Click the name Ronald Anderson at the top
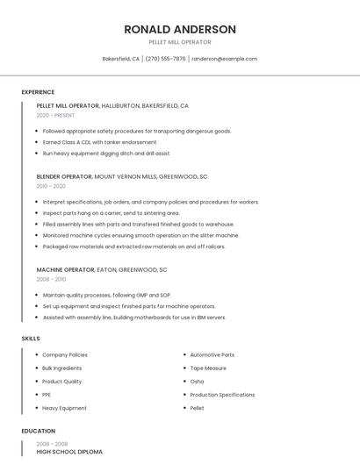pos(180,29)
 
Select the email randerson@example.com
pos(224,59)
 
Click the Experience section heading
pos(38,92)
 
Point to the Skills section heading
pos(31,338)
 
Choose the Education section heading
pos(38,432)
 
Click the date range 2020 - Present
pos(55,115)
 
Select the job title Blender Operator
pos(64,176)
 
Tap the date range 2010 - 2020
pos(51,186)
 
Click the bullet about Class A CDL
pos(99,142)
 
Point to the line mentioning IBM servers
pos(133,318)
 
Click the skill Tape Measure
pos(208,368)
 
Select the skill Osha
pos(197,382)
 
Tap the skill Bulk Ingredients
pos(61,368)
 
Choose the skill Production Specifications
pos(222,395)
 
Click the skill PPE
pos(47,395)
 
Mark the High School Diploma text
pos(69,452)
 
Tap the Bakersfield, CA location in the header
pos(121,59)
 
